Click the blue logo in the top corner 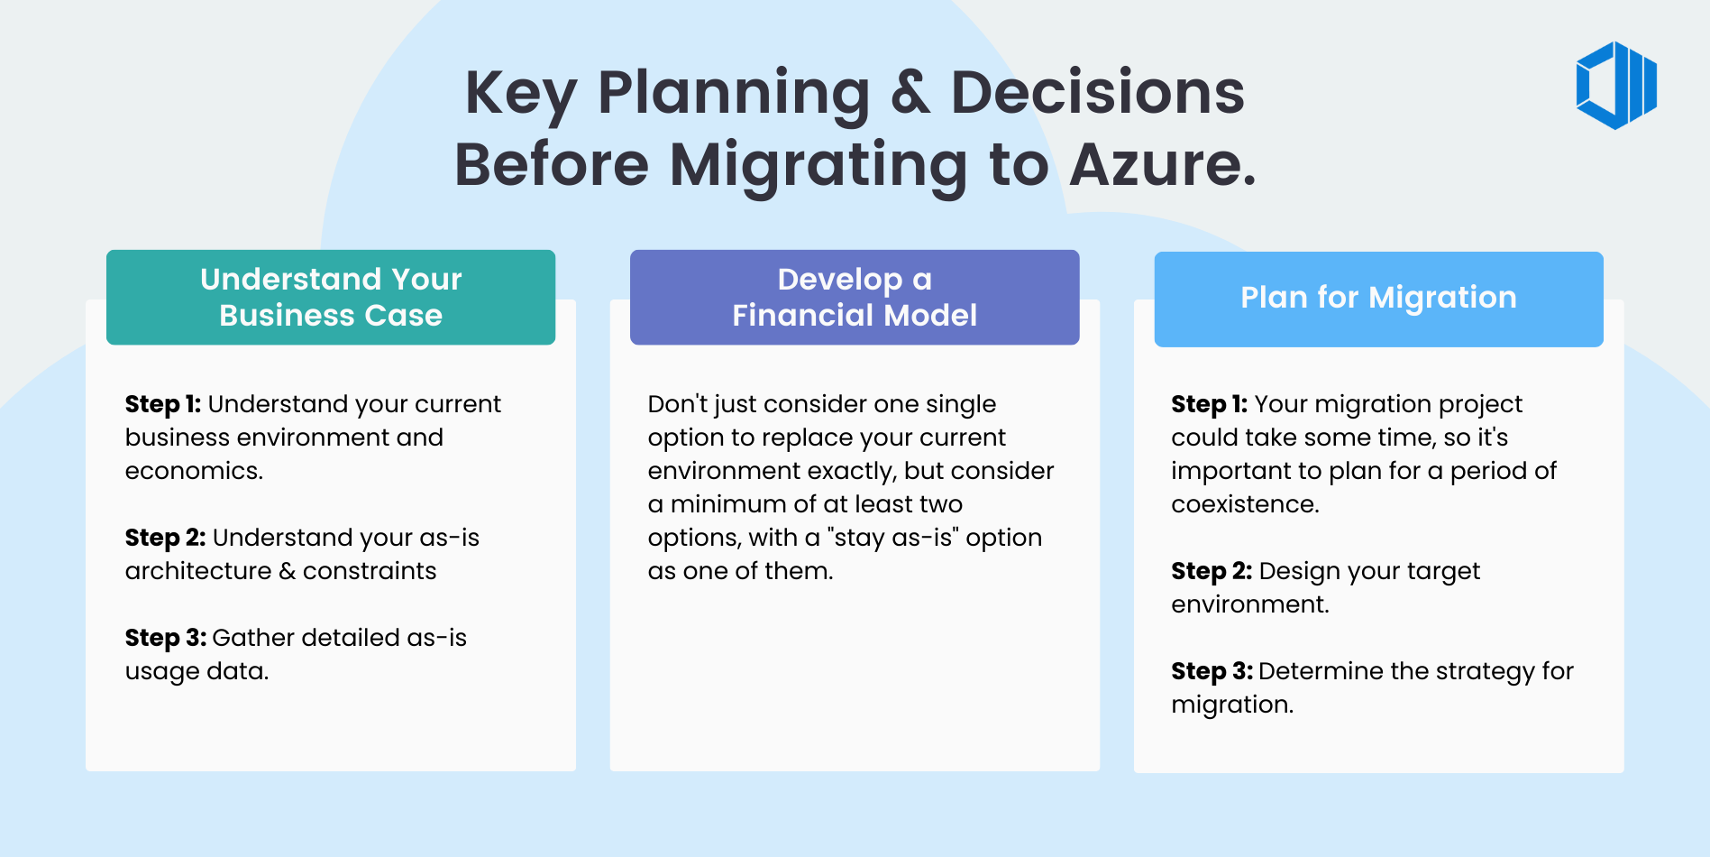click(1616, 86)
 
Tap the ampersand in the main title click(910, 93)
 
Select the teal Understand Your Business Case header click(331, 297)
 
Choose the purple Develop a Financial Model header click(855, 297)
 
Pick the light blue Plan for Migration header click(1378, 299)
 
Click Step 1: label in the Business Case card click(162, 404)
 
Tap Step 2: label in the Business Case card click(165, 538)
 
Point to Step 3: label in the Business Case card click(165, 638)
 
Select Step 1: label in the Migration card click(1209, 404)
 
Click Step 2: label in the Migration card click(1212, 571)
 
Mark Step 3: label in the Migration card click(1212, 671)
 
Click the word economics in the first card click(193, 471)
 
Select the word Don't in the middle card click(678, 404)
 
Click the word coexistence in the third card click(1244, 504)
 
